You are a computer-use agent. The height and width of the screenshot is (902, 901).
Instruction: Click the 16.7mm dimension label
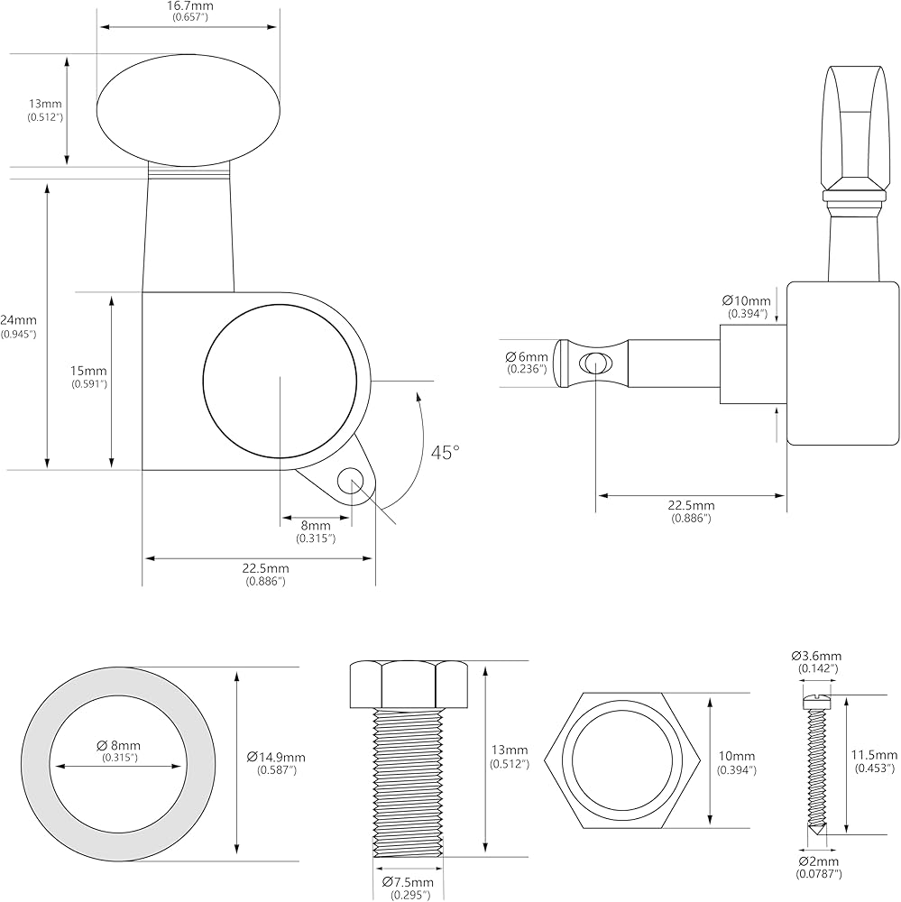pos(188,7)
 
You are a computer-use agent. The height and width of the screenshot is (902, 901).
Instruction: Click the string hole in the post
pos(595,363)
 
